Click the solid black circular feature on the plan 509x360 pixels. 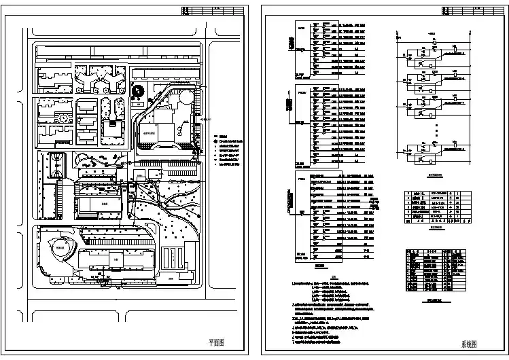137,92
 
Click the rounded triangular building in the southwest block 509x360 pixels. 60,247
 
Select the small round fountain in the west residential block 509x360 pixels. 63,118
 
